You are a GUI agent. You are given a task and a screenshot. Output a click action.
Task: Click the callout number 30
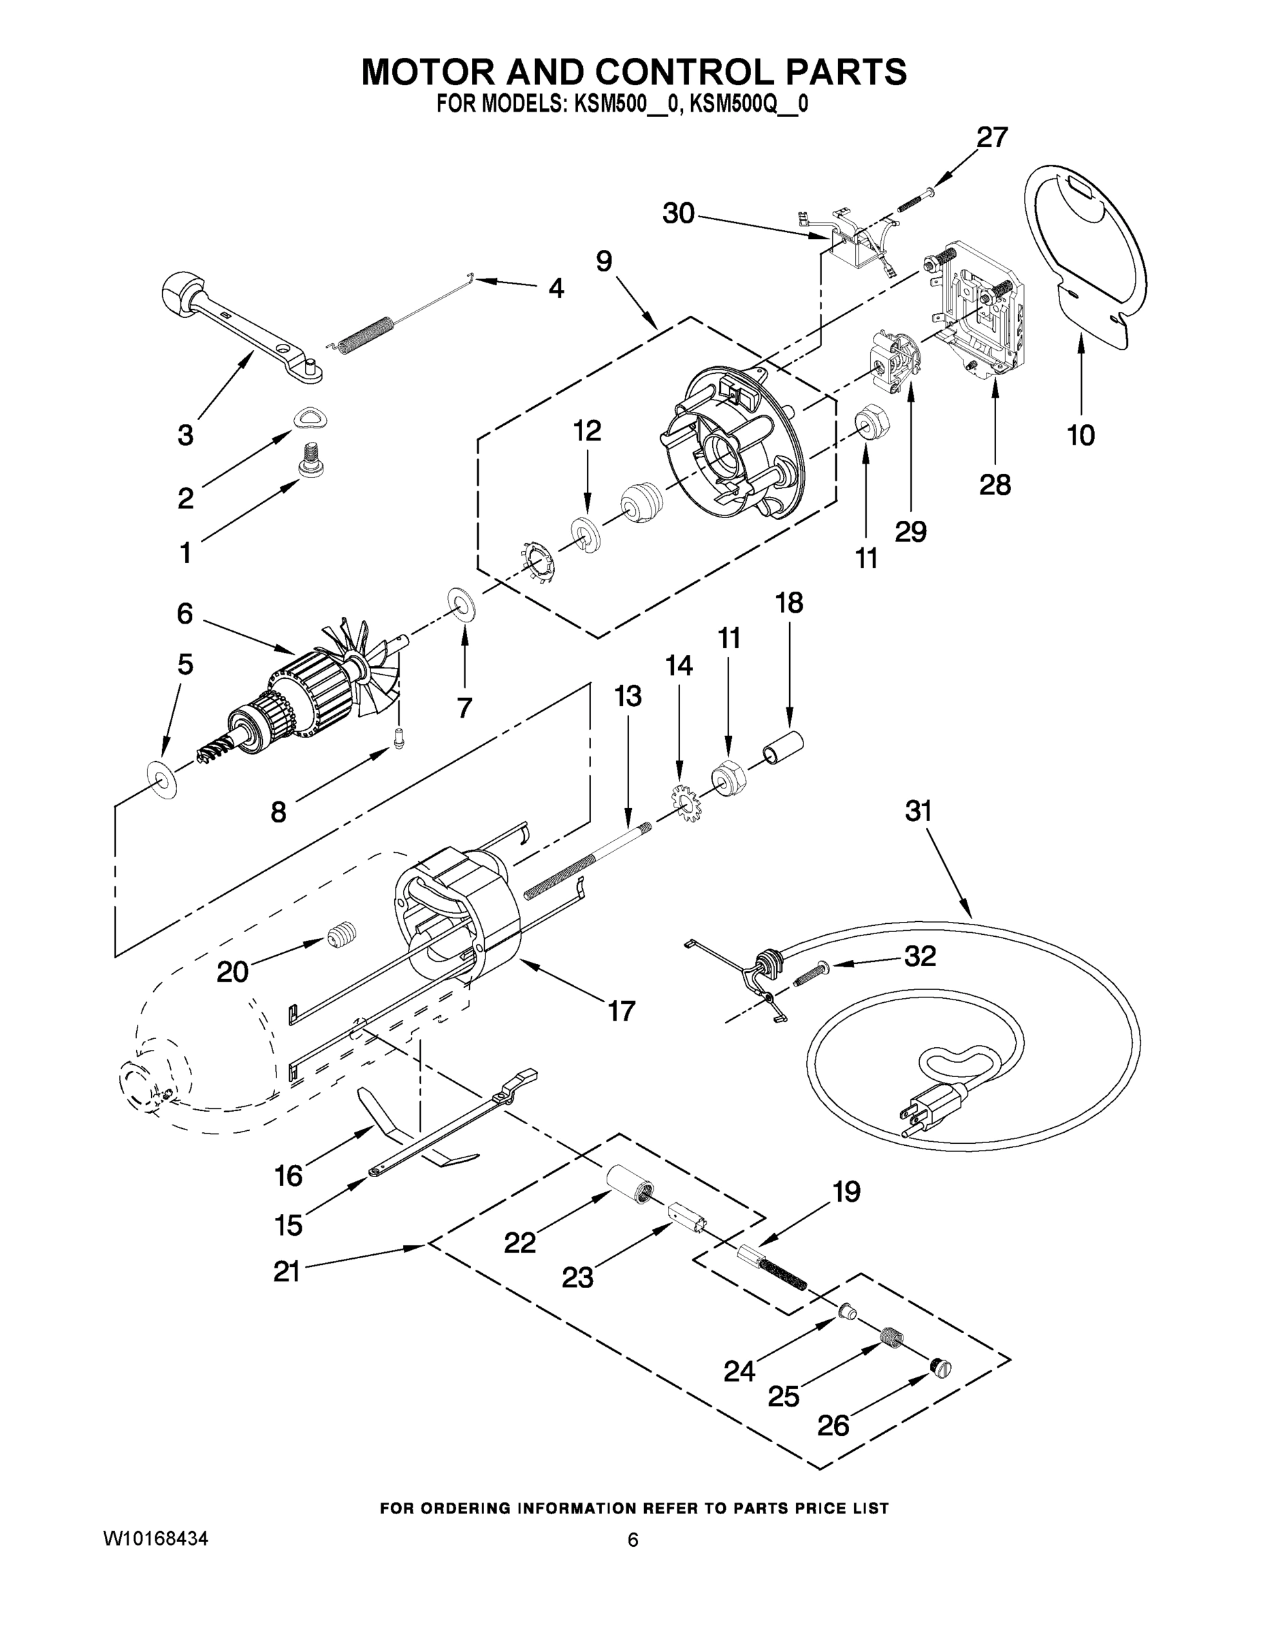[678, 214]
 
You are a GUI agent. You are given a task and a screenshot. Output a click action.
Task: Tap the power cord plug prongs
[912, 1117]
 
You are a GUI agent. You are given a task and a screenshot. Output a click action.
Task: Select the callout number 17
[621, 1011]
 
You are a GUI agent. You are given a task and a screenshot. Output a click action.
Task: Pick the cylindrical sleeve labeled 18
[782, 748]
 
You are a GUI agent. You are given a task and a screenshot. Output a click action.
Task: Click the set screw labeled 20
[342, 933]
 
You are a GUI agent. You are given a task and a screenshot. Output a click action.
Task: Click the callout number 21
[287, 1271]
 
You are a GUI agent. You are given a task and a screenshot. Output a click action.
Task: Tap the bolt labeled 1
[310, 460]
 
